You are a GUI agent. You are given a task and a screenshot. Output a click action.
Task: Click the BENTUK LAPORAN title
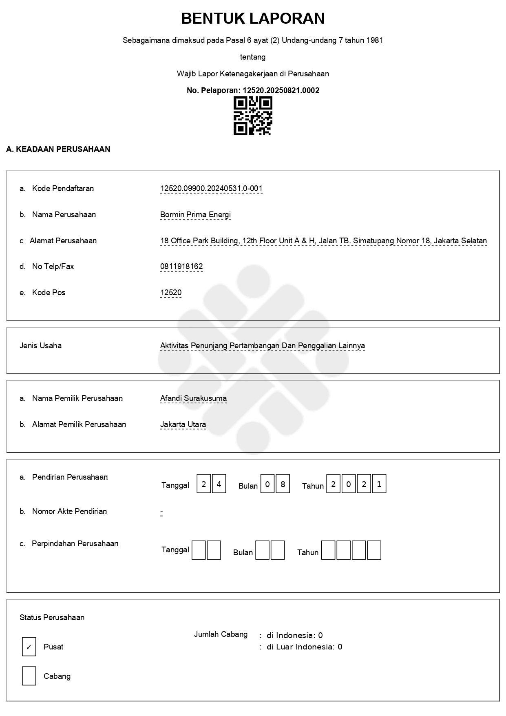[253, 19]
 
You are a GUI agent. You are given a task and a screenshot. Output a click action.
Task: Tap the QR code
[253, 116]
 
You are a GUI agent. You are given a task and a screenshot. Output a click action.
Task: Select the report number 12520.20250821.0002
[281, 91]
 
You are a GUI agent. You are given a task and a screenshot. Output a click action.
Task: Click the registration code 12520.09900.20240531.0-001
[211, 189]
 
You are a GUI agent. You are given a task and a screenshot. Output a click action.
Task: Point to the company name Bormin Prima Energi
[195, 215]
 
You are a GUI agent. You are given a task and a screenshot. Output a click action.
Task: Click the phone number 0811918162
[181, 267]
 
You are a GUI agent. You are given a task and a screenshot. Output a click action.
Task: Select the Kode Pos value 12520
[171, 293]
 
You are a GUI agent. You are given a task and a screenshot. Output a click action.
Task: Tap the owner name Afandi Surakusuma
[193, 398]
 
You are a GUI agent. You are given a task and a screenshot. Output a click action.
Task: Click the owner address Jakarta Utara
[183, 425]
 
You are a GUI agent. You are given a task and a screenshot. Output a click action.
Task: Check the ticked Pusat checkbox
[29, 647]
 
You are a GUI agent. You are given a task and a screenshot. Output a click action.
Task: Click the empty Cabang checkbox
[29, 676]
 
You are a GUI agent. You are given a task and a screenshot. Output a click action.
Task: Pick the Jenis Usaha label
[41, 346]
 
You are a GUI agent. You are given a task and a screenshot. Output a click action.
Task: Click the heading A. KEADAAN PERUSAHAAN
[58, 149]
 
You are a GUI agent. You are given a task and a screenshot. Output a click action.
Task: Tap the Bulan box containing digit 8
[283, 484]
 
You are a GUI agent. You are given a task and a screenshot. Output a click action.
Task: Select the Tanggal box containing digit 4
[219, 484]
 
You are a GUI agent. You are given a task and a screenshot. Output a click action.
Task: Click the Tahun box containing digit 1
[379, 484]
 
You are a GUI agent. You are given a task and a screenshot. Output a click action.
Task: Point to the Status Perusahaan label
[52, 617]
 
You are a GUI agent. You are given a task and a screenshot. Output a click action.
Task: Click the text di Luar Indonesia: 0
[304, 647]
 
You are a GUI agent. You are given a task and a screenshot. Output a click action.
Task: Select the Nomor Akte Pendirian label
[69, 511]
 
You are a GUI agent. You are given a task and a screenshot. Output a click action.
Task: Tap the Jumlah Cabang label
[221, 634]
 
